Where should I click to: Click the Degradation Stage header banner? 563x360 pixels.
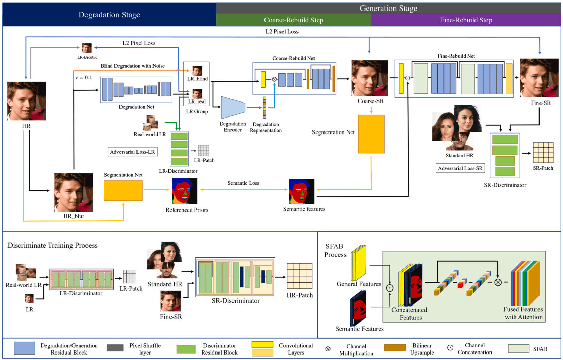[x=109, y=15]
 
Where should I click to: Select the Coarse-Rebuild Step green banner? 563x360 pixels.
[x=293, y=20]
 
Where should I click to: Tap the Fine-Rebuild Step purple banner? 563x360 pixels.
[x=466, y=20]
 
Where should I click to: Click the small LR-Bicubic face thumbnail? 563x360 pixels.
[x=86, y=48]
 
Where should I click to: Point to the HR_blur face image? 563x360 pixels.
[x=74, y=192]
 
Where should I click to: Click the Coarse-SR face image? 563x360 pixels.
[x=369, y=78]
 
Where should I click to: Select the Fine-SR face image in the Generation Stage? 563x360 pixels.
[x=539, y=78]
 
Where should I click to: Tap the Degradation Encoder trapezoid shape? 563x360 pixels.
[x=233, y=108]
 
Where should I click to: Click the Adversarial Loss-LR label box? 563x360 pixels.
[x=132, y=152]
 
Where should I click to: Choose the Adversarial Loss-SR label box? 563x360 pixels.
[x=460, y=168]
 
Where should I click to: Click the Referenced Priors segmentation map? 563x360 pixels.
[x=184, y=191]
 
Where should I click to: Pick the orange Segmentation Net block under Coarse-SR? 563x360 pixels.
[x=371, y=134]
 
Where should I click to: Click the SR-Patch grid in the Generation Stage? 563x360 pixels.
[x=543, y=153]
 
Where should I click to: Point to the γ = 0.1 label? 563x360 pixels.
[x=83, y=78]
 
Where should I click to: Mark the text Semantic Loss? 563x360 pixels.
[x=243, y=183]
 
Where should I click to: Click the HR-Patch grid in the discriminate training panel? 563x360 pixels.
[x=300, y=276]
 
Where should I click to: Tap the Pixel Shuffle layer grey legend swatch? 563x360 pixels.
[x=115, y=348]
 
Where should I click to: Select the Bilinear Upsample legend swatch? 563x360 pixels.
[x=395, y=348]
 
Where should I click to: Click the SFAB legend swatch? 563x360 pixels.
[x=518, y=348]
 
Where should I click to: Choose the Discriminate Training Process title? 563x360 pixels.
[x=52, y=246]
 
